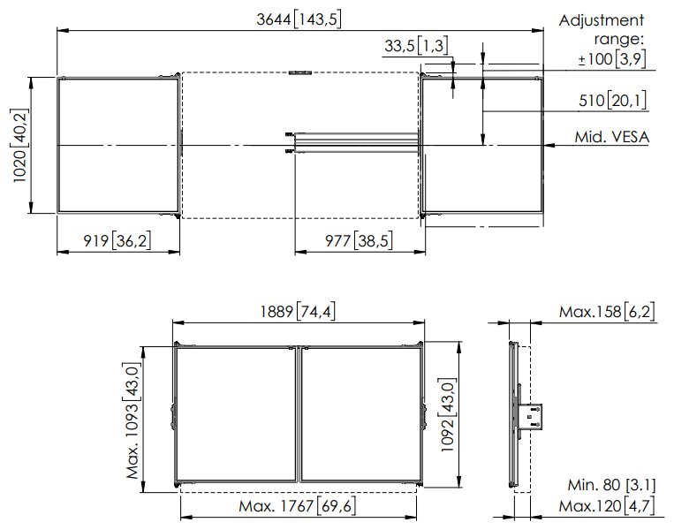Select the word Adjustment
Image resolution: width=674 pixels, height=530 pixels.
pos(602,20)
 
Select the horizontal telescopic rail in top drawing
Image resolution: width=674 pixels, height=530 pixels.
pos(353,141)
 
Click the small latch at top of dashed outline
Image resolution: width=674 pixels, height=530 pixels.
pos(299,73)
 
